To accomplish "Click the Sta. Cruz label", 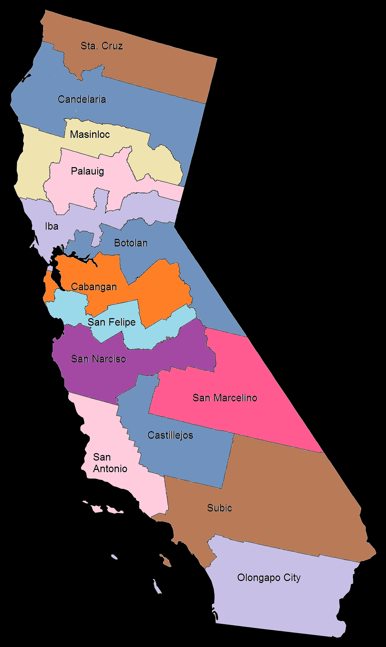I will pyautogui.click(x=102, y=46).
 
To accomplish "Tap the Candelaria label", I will pyautogui.click(x=82, y=99).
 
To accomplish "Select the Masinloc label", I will pyautogui.click(x=90, y=134).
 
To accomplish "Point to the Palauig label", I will pyautogui.click(x=87, y=171).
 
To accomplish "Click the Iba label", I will pyautogui.click(x=51, y=226).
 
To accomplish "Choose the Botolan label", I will pyautogui.click(x=131, y=243).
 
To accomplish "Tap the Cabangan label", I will pyautogui.click(x=94, y=287).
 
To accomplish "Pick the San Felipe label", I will pyautogui.click(x=112, y=322).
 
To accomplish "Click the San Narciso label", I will pyautogui.click(x=98, y=359).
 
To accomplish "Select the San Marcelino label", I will pyautogui.click(x=225, y=398).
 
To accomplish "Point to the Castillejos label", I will pyautogui.click(x=170, y=435).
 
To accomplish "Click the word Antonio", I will pyautogui.click(x=110, y=469).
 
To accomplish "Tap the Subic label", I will pyautogui.click(x=219, y=508).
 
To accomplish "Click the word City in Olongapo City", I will pyautogui.click(x=292, y=577).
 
